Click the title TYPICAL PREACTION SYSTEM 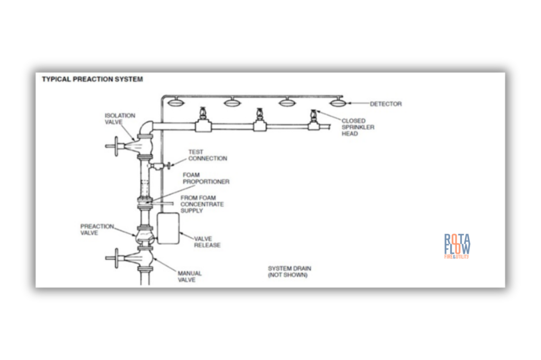[x=92, y=79]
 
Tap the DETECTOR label [x=385, y=104]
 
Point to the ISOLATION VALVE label [x=119, y=119]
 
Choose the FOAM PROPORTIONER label [x=206, y=178]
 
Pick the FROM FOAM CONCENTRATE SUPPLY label [x=202, y=204]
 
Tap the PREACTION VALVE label [x=97, y=229]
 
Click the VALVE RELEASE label [x=207, y=242]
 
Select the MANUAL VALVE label [x=189, y=277]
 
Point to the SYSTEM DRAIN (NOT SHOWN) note [x=289, y=272]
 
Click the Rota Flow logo [x=457, y=246]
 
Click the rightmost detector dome [x=338, y=102]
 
